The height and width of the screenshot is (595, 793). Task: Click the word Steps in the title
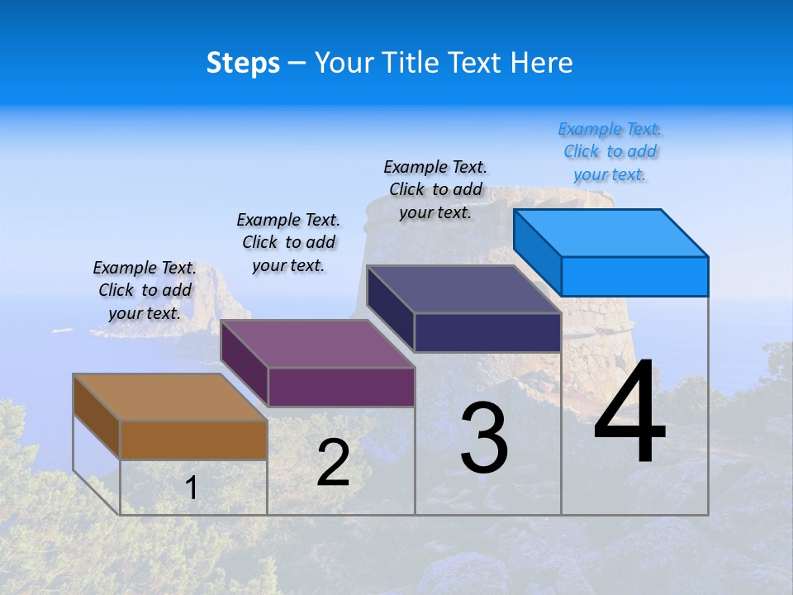[x=243, y=63]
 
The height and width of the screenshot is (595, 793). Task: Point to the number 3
[x=484, y=438]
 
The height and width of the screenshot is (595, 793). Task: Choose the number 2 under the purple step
[x=333, y=463]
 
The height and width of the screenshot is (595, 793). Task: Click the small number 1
[x=192, y=488]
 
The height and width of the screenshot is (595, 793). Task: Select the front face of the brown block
[x=193, y=440]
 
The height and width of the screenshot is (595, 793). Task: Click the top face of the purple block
[x=317, y=344]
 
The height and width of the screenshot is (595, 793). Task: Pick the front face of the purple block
[x=341, y=387]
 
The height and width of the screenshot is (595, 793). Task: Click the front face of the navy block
[x=487, y=332]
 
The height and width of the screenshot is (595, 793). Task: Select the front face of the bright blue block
[x=634, y=276]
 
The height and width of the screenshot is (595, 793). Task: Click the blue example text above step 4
[x=610, y=151]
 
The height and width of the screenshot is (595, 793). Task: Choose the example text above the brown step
[x=145, y=290]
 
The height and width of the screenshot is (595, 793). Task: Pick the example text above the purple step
[x=288, y=242]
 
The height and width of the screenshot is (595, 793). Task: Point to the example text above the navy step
[x=435, y=189]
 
